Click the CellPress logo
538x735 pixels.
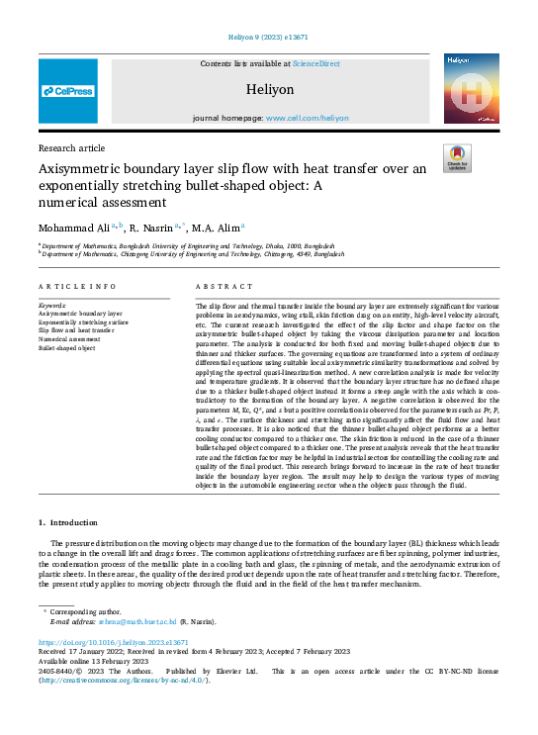pyautogui.click(x=68, y=91)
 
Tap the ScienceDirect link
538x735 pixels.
pyautogui.click(x=315, y=63)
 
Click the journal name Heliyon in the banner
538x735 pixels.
pyautogui.click(x=269, y=89)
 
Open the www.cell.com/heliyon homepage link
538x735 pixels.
pyautogui.click(x=308, y=118)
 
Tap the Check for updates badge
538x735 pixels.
pyautogui.click(x=458, y=159)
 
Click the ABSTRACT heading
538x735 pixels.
pyautogui.click(x=218, y=286)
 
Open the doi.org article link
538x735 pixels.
pyautogui.click(x=113, y=642)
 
